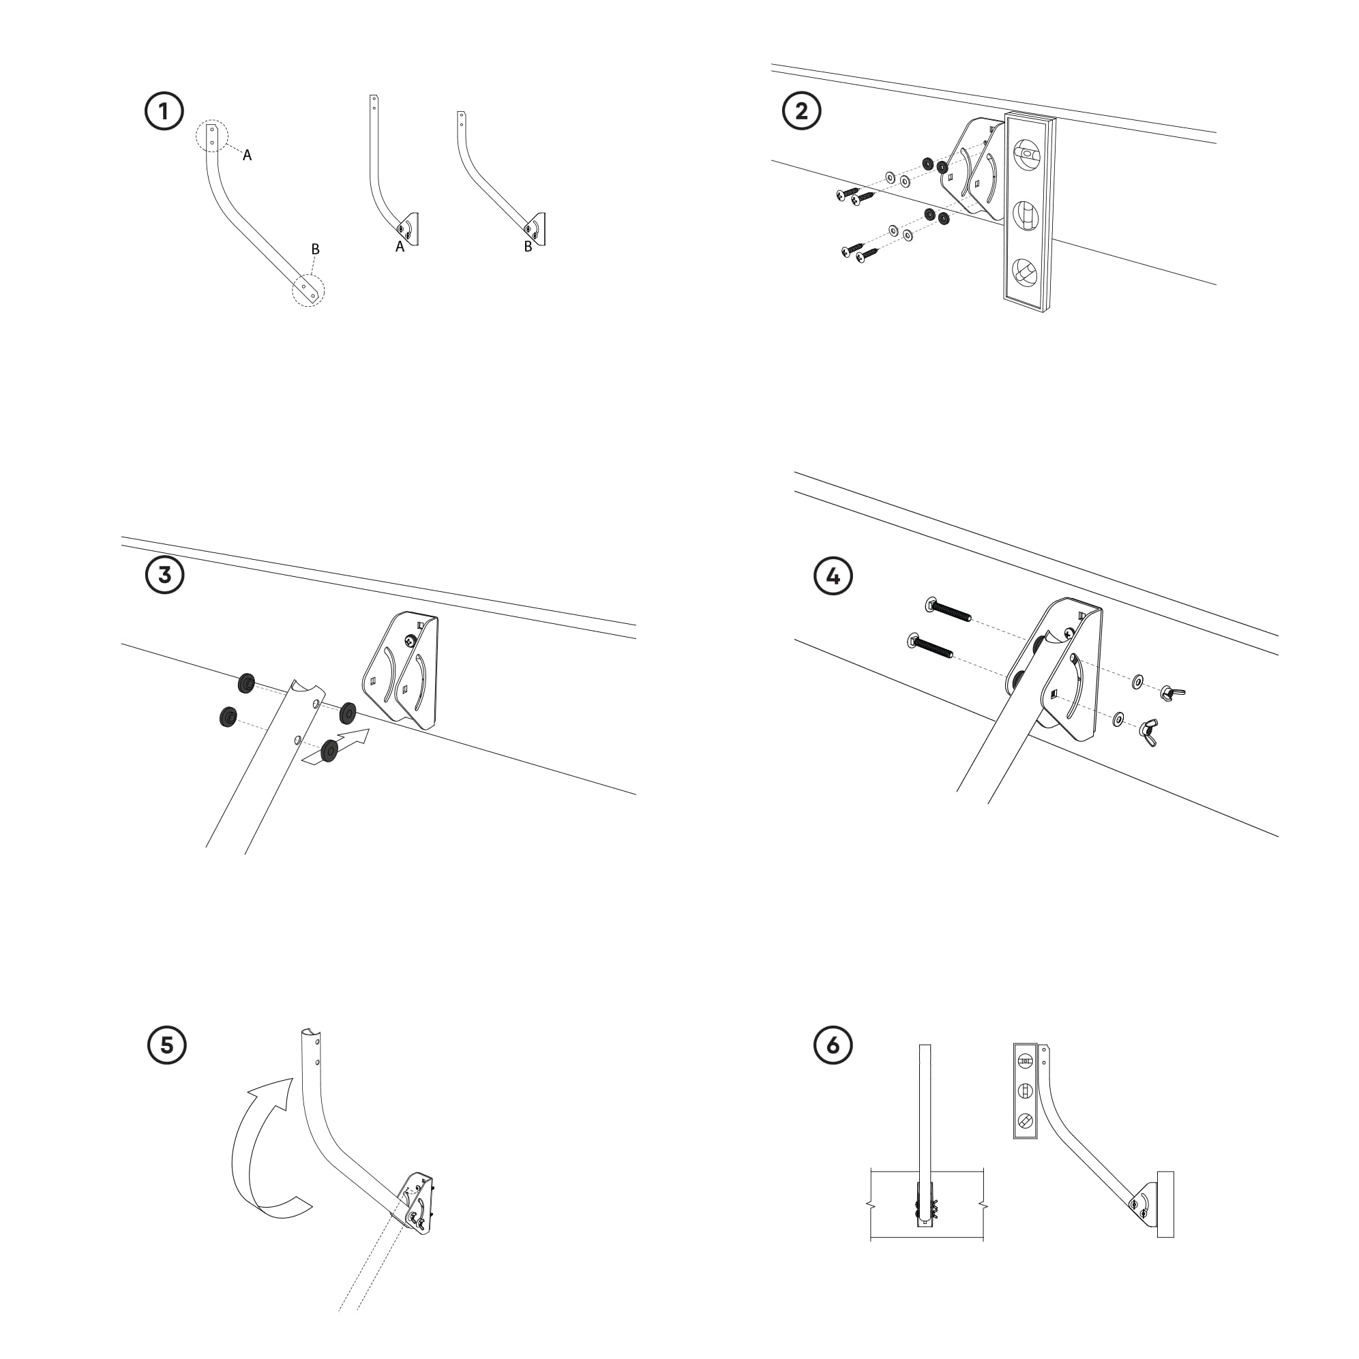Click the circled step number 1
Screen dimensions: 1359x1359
(164, 111)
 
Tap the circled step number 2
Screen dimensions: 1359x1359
(801, 111)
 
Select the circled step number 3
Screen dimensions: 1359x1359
(164, 575)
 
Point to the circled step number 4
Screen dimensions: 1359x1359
(833, 576)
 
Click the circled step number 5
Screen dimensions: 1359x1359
(166, 1045)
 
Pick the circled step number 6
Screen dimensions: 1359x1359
(833, 1045)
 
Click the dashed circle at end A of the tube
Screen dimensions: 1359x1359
(212, 136)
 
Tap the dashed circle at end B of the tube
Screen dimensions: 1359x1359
(309, 290)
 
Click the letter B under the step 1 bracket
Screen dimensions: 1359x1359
(528, 247)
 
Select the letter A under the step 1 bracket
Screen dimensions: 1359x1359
(400, 247)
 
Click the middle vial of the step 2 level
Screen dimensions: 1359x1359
(1026, 216)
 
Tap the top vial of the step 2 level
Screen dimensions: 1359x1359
(1027, 153)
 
